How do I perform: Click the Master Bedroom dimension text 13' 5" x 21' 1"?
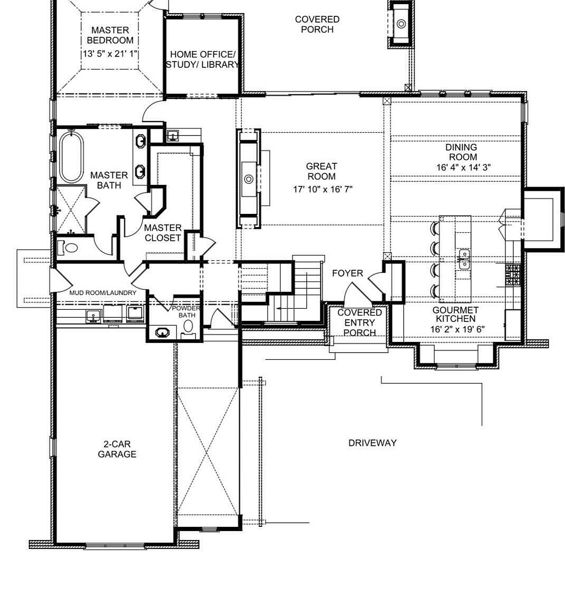click(110, 54)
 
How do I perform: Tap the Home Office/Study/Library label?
click(202, 59)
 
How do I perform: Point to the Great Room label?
click(322, 171)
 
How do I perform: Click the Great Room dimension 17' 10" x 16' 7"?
click(323, 189)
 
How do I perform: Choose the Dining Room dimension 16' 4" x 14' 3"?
click(462, 167)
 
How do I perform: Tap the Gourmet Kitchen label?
click(455, 315)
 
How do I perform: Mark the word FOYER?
click(347, 273)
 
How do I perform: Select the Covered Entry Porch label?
click(360, 322)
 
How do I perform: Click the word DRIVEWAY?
click(372, 443)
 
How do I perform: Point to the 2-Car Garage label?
click(117, 449)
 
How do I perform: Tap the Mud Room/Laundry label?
click(103, 292)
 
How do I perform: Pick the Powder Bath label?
click(186, 311)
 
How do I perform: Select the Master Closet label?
click(162, 232)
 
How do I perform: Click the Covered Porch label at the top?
click(317, 24)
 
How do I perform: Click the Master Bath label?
click(109, 180)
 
